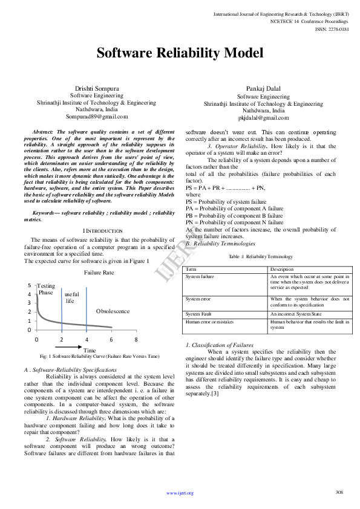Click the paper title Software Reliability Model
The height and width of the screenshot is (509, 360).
pos(180,53)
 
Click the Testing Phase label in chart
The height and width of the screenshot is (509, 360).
pos(46,289)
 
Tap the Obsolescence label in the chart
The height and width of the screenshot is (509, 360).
pos(113,311)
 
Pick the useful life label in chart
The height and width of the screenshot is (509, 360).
pos(71,297)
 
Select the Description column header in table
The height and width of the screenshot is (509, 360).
pos(281,269)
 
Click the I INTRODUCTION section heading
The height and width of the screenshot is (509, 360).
pos(102,230)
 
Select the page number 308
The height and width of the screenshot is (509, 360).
pos(339,492)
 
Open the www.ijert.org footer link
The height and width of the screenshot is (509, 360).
pos(180,493)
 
